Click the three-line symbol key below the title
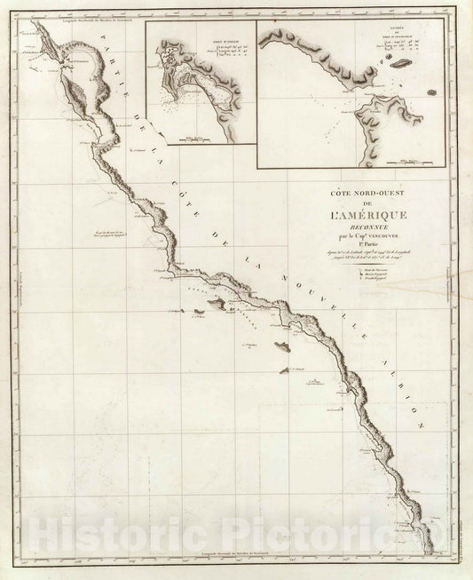pyautogui.click(x=381, y=271)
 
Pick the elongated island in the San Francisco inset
pyautogui.click(x=398, y=64)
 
